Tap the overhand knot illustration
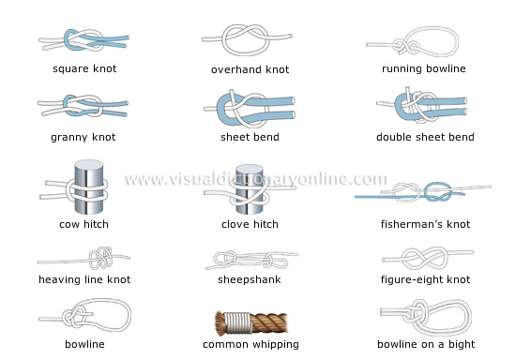[246, 43]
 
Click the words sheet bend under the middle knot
[250, 138]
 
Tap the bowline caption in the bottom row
[84, 344]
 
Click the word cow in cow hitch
[69, 224]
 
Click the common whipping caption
[250, 344]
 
